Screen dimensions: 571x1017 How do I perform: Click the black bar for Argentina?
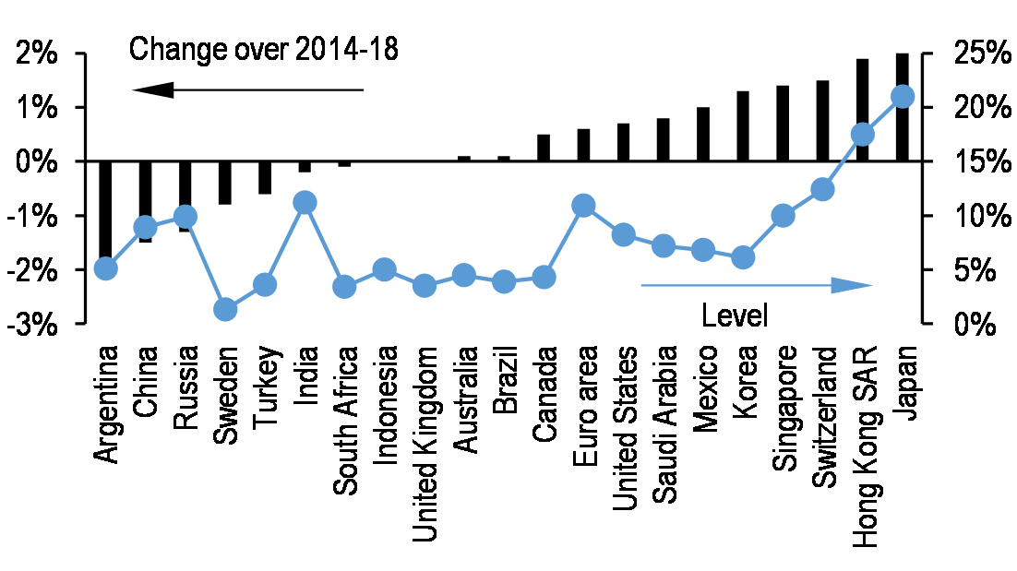tap(105, 212)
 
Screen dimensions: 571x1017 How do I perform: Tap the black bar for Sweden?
tap(224, 183)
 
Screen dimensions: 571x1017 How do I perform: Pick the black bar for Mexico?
tap(703, 135)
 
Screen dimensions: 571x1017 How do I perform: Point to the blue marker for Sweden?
tap(225, 309)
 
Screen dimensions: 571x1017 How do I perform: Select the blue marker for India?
tap(305, 202)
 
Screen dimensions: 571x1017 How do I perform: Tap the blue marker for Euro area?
tap(582, 206)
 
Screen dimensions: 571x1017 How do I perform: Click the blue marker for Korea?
tap(743, 258)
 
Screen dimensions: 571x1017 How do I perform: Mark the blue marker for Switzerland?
tap(822, 189)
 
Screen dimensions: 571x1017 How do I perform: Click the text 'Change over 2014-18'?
tap(264, 49)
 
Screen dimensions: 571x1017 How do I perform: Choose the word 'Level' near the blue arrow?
tap(735, 315)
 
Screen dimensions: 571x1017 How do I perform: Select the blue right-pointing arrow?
tap(757, 285)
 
